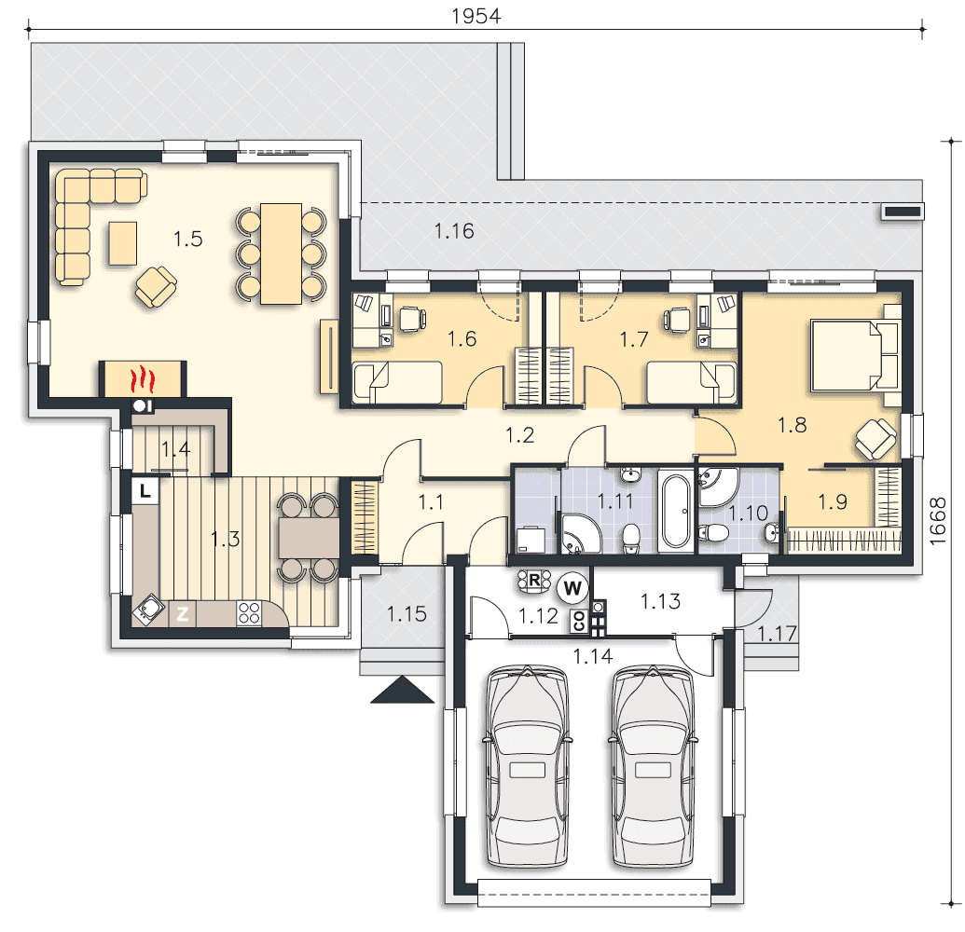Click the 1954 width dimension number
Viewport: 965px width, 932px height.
coord(476,16)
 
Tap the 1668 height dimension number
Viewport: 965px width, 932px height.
coord(937,521)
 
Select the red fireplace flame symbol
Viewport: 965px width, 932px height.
coord(142,379)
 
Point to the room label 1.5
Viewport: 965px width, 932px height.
coord(187,239)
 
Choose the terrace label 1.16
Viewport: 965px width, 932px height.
coord(454,231)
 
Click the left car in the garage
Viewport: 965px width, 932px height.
coord(528,766)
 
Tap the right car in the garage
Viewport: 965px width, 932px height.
coord(653,766)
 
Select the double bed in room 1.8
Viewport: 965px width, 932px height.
coord(854,355)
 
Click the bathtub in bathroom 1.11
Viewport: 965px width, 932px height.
coord(674,511)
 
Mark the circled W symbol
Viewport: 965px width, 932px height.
coord(572,588)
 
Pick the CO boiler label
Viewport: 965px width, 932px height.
coord(578,621)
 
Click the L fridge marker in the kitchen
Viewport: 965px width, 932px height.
coord(145,491)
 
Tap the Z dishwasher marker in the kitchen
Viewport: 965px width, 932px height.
coord(182,613)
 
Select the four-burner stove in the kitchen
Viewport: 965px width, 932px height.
coord(249,612)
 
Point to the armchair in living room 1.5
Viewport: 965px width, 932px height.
coord(157,287)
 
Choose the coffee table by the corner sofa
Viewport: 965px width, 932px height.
coord(123,243)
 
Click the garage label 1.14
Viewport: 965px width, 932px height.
coord(593,656)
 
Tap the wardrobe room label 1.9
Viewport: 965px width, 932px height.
coord(833,502)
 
